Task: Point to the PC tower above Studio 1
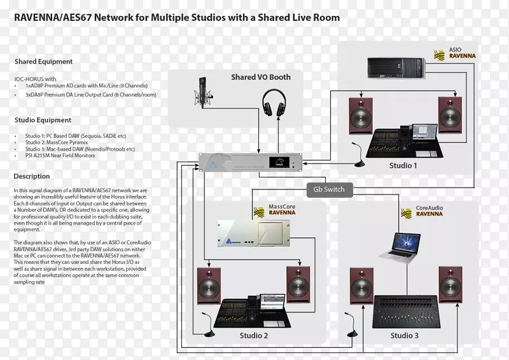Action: (x=395, y=67)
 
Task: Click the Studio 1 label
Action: (x=403, y=166)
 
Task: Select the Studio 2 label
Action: (x=253, y=335)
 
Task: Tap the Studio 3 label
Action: (x=404, y=335)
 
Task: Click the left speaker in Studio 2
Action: (x=211, y=284)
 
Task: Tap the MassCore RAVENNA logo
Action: (x=275, y=211)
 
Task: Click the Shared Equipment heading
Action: (x=43, y=62)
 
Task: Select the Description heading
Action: (x=32, y=176)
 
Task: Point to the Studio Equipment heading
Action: (x=43, y=120)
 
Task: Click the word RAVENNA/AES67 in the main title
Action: (x=57, y=18)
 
